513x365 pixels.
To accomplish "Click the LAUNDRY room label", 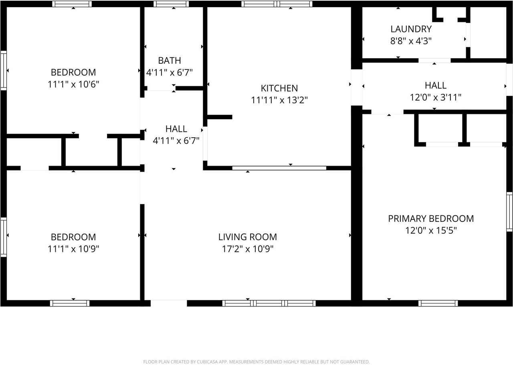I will (411, 29).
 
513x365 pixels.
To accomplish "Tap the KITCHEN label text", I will (279, 88).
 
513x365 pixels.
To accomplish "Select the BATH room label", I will (170, 61).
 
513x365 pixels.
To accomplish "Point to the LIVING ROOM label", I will (248, 237).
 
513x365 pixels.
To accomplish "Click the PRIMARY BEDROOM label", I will (431, 219).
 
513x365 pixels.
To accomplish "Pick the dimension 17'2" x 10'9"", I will (248, 249).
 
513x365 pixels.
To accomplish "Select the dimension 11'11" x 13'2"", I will (279, 100).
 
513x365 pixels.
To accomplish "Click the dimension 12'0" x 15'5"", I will (431, 231).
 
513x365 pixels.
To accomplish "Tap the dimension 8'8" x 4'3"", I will (411, 41).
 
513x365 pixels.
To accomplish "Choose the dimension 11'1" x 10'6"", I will (73, 84).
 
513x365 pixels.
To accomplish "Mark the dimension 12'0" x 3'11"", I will (436, 97).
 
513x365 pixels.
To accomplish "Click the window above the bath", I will (171, 4).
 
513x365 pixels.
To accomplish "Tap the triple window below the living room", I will (269, 303).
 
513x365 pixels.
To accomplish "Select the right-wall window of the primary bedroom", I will (509, 211).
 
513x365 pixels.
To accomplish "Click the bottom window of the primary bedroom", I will (438, 303).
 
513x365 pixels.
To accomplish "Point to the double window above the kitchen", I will (277, 4).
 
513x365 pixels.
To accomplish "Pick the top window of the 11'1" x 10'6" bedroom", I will (72, 4).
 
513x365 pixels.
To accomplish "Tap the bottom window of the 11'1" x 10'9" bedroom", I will (70, 303).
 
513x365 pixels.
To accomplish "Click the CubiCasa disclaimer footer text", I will (256, 362).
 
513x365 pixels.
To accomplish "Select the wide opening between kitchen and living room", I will (279, 168).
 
